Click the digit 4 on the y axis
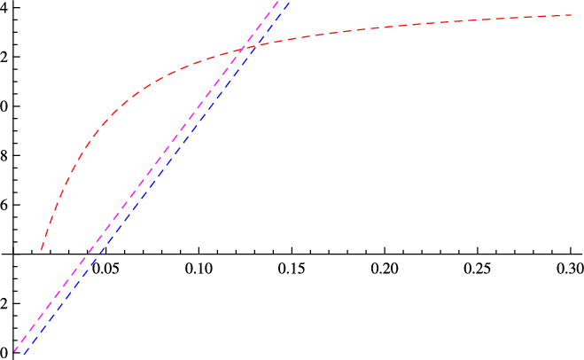tap(4, 8)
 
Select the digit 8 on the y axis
tap(4, 156)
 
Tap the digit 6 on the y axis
tap(4, 206)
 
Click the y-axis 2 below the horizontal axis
tap(4, 304)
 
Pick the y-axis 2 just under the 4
tap(4, 58)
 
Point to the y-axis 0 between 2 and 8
tap(4, 106)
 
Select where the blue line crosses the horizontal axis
tap(99, 254)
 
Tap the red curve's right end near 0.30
tap(571, 15)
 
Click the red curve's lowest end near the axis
tap(41, 251)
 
